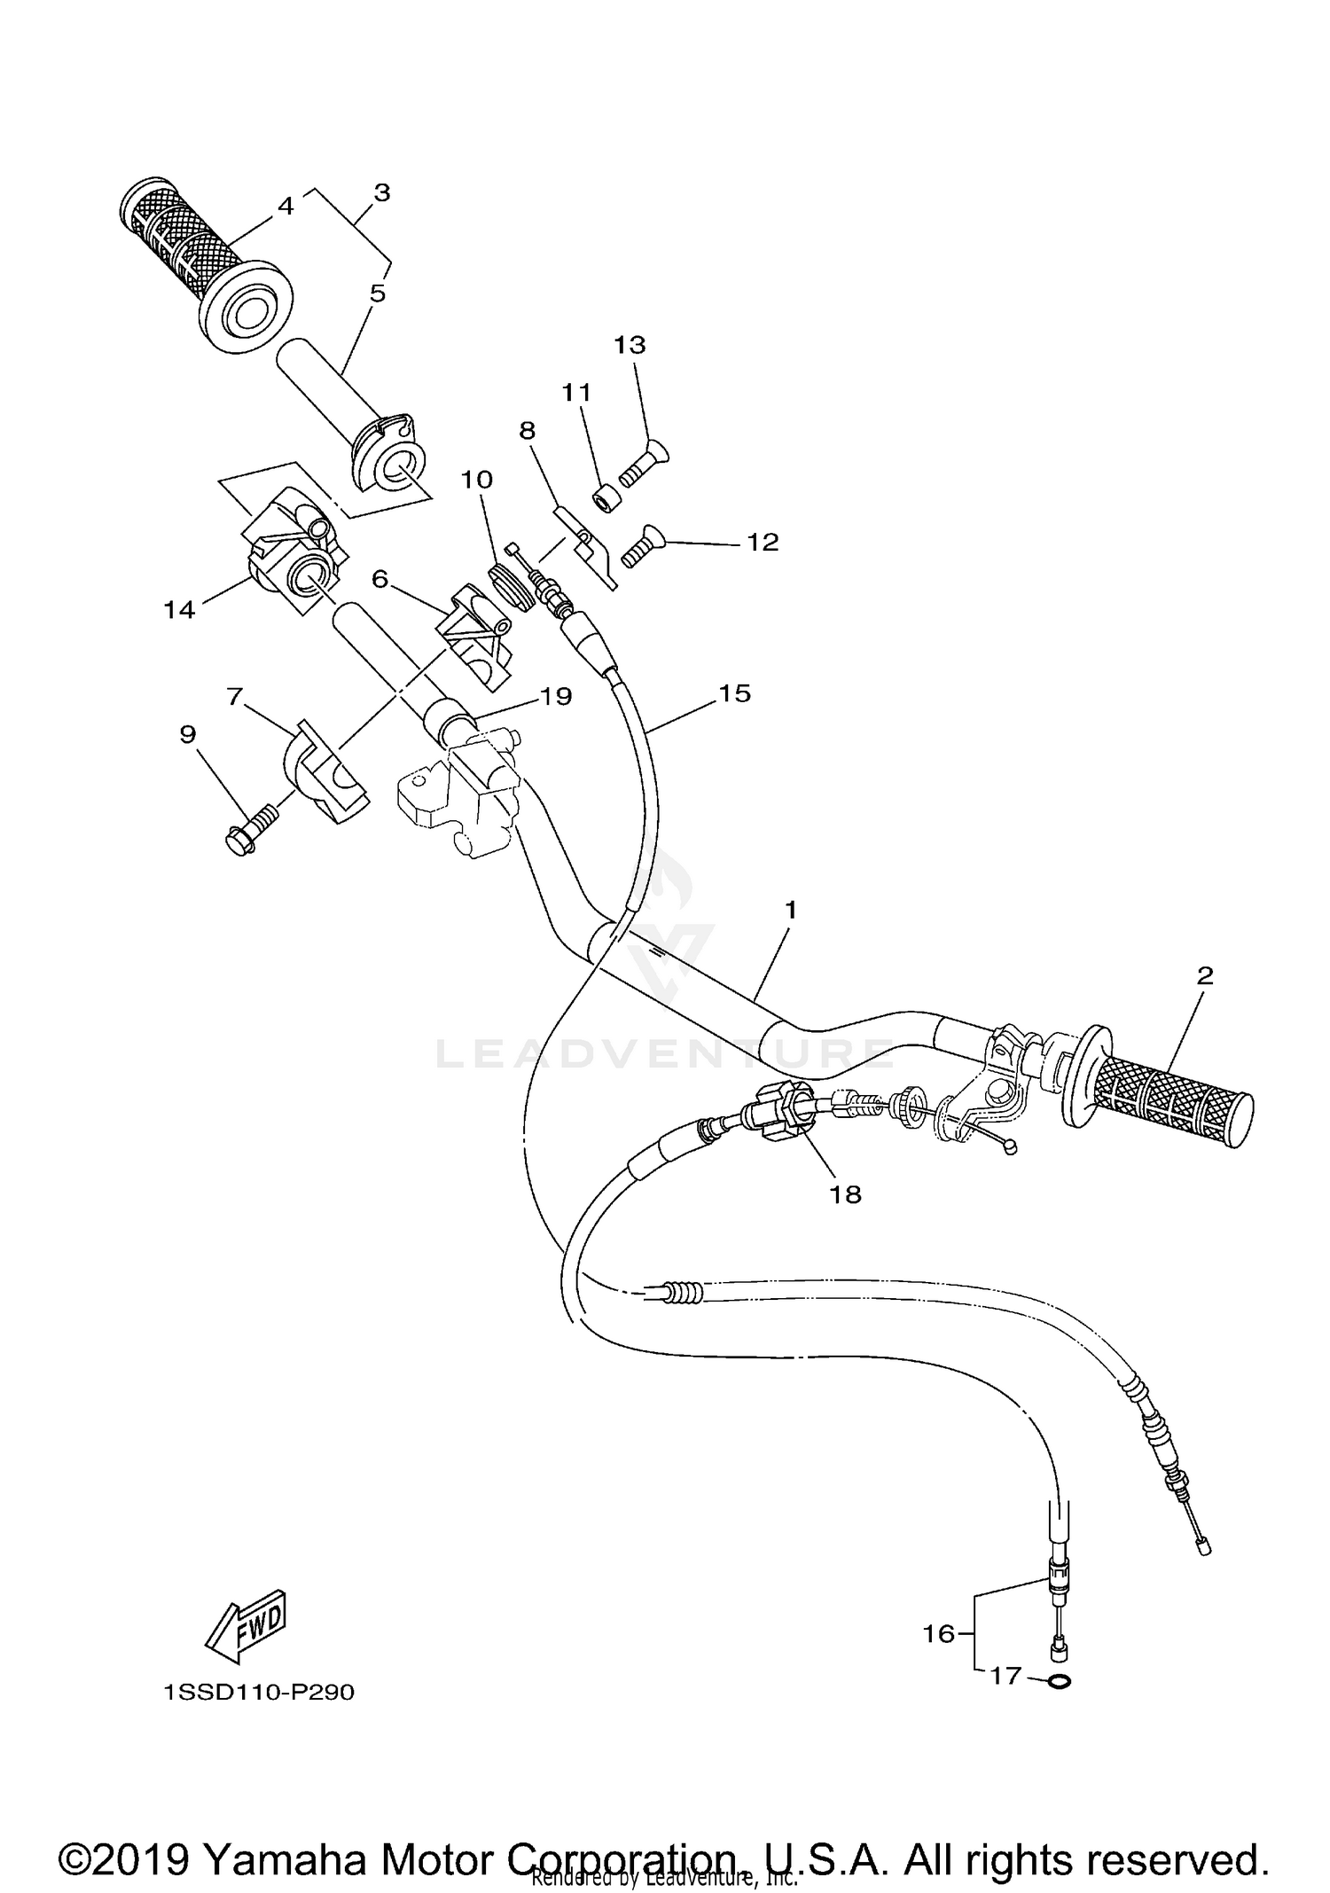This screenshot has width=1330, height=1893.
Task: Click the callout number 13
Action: point(630,345)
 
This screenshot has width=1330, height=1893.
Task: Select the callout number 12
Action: point(763,542)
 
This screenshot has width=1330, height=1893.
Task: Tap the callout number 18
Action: point(845,1194)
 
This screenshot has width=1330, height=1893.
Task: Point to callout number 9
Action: point(188,734)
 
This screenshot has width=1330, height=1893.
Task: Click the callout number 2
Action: point(1204,976)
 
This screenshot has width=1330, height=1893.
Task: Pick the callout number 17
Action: point(1005,1677)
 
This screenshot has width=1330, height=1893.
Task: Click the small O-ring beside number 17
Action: point(1058,1680)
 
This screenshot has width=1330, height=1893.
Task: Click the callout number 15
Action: point(735,692)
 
